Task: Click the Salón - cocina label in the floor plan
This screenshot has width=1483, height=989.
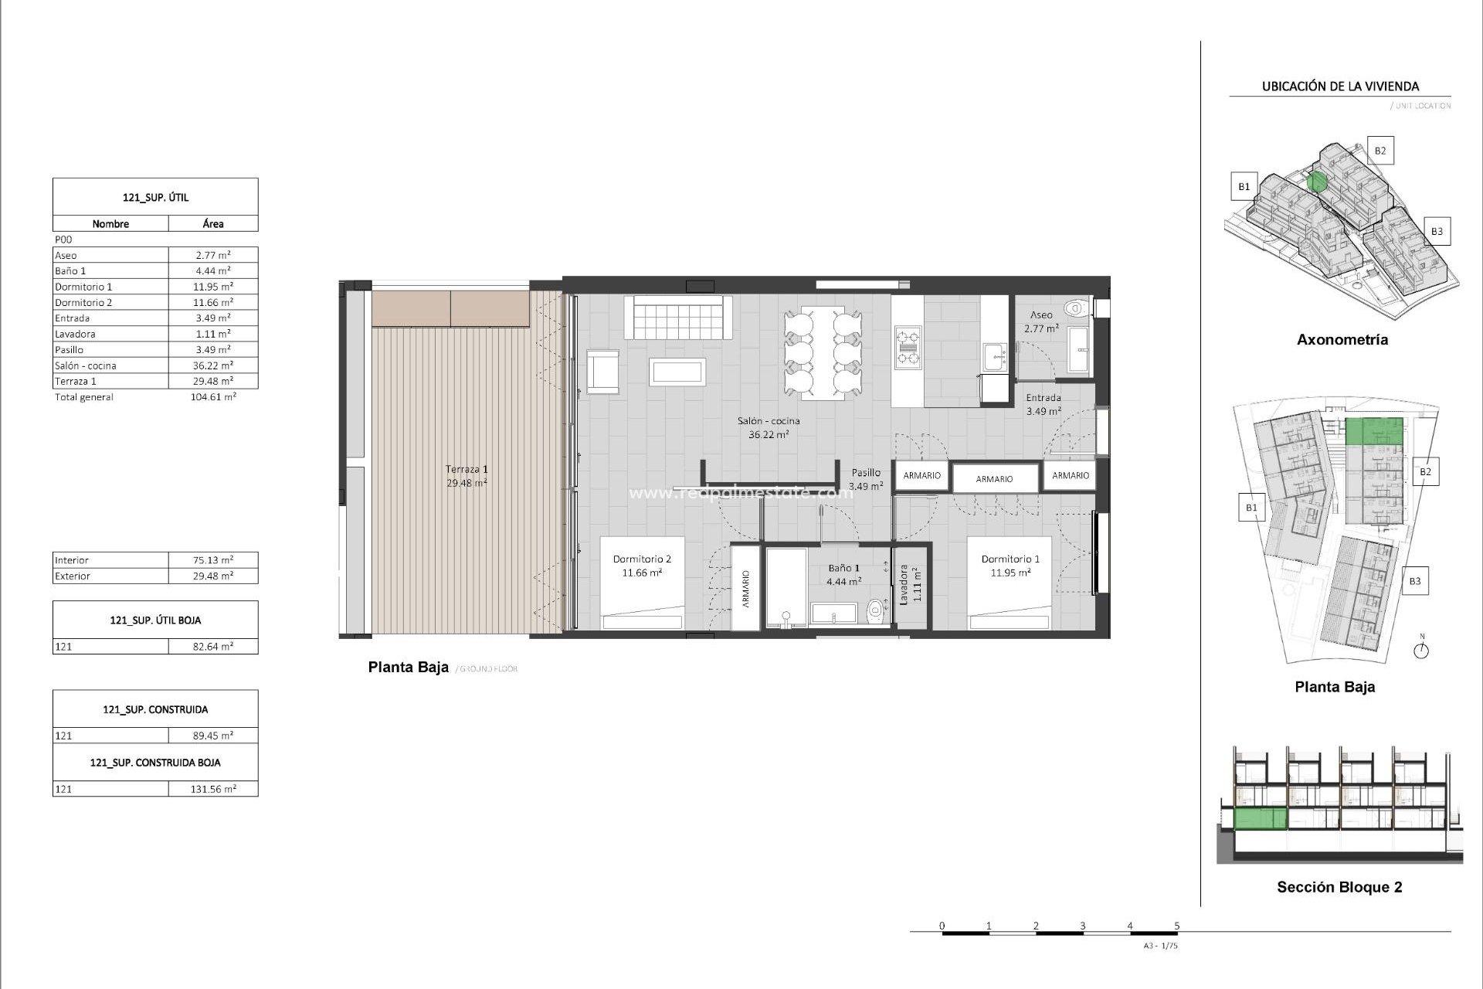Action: [x=768, y=421]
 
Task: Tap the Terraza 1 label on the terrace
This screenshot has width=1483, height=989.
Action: [x=467, y=469]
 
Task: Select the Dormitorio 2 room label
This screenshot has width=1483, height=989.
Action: [x=642, y=559]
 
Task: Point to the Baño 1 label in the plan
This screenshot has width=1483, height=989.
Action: [x=843, y=568]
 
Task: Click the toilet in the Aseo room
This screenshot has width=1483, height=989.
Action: [x=1074, y=309]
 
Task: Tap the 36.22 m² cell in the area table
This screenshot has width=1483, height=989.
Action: [x=213, y=365]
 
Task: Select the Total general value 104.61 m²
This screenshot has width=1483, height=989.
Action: [x=213, y=397]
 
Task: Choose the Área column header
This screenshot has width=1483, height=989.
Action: [x=213, y=224]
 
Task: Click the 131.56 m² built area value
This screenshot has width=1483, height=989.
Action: [x=213, y=789]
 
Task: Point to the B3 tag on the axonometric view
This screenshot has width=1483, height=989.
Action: [x=1436, y=231]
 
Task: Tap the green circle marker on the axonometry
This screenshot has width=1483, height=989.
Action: [x=1317, y=182]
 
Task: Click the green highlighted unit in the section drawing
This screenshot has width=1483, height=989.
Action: [x=1261, y=817]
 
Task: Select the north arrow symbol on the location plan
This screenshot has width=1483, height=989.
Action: [x=1421, y=650]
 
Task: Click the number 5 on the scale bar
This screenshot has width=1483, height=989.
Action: [x=1177, y=926]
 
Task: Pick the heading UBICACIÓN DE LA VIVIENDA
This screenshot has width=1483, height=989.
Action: [x=1340, y=87]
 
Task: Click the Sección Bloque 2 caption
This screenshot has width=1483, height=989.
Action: [x=1339, y=887]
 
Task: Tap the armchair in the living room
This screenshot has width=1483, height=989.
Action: [x=602, y=372]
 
